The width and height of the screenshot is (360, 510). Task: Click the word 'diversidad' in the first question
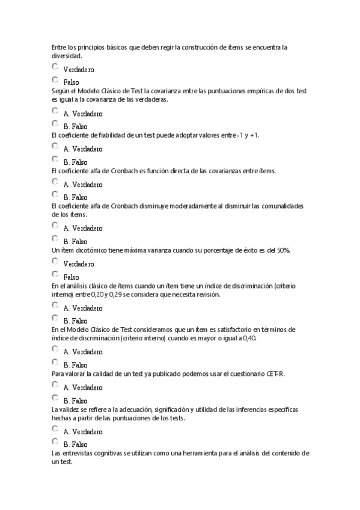point(66,55)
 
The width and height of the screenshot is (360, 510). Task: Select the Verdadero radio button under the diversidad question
point(55,67)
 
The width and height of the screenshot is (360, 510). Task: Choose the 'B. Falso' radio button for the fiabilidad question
point(55,159)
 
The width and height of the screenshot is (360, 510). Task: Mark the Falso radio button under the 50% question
point(55,275)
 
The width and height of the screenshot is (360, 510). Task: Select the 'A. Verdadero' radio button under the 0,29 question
point(55,306)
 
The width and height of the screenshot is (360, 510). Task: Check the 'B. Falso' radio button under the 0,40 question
point(55,363)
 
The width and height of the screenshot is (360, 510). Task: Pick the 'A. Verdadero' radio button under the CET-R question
point(55,385)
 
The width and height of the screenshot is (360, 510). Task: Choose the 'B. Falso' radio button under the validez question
point(55,442)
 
